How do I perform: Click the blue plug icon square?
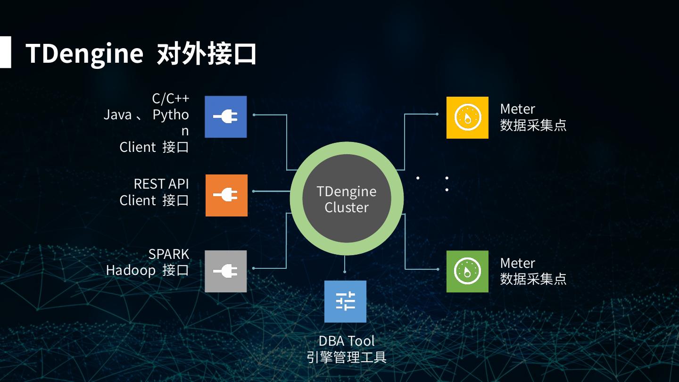[x=225, y=116]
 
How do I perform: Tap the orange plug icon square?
[x=226, y=195]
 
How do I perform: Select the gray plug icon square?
[x=225, y=271]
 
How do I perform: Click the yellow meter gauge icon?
[x=467, y=117]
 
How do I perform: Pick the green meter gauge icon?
[x=467, y=271]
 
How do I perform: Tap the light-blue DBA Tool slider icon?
[x=345, y=301]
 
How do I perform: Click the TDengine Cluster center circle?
[x=347, y=199]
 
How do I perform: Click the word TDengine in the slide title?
[x=84, y=53]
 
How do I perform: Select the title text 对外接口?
[x=206, y=53]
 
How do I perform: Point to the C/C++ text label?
[x=170, y=98]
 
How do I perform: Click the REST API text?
[x=161, y=183]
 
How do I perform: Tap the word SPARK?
[x=168, y=254]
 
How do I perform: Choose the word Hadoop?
[x=131, y=270]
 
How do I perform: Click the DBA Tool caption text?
[x=347, y=340]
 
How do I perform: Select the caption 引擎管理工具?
[x=347, y=357]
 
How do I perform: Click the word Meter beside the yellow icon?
[x=517, y=109]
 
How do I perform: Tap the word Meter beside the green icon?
[x=517, y=263]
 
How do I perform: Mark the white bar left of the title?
[x=5, y=52]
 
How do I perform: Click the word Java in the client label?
[x=117, y=115]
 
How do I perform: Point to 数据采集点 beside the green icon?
[x=533, y=279]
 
